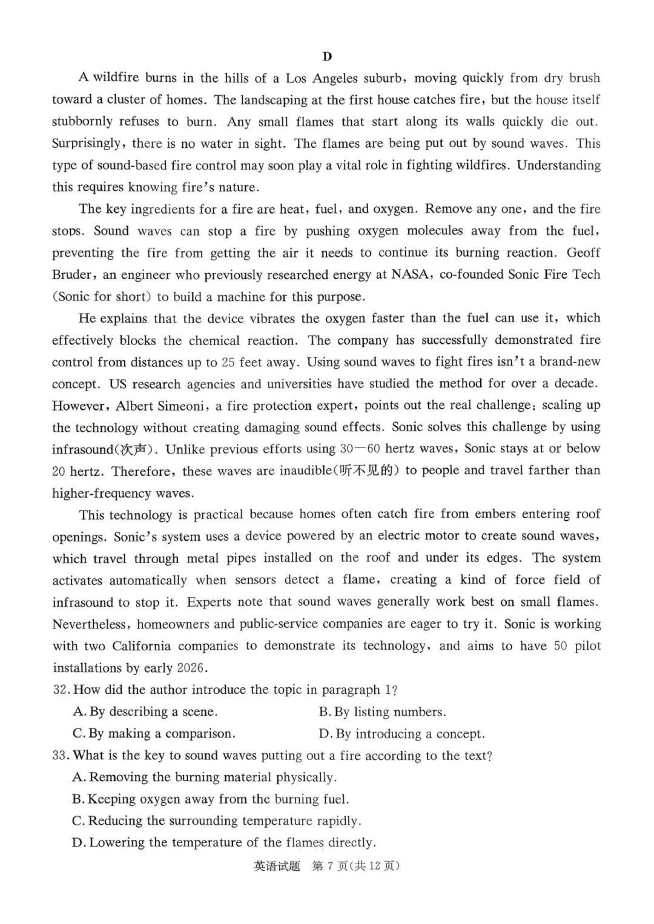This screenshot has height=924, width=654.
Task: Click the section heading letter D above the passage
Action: [x=327, y=56]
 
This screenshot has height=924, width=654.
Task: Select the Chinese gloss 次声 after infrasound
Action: [x=134, y=449]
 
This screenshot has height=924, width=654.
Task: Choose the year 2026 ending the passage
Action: [x=192, y=668]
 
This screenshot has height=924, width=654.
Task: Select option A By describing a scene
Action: [x=145, y=711]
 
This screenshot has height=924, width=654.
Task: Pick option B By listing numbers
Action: [x=383, y=711]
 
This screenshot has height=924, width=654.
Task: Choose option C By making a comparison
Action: [x=154, y=733]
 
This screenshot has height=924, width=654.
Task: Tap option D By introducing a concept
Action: [x=402, y=734]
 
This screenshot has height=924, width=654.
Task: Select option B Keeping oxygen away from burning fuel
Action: [x=210, y=799]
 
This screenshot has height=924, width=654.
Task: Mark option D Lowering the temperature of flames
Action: [x=223, y=842]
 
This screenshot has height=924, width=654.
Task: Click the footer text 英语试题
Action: [x=277, y=866]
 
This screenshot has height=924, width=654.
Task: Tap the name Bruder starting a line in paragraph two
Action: [x=72, y=274]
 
